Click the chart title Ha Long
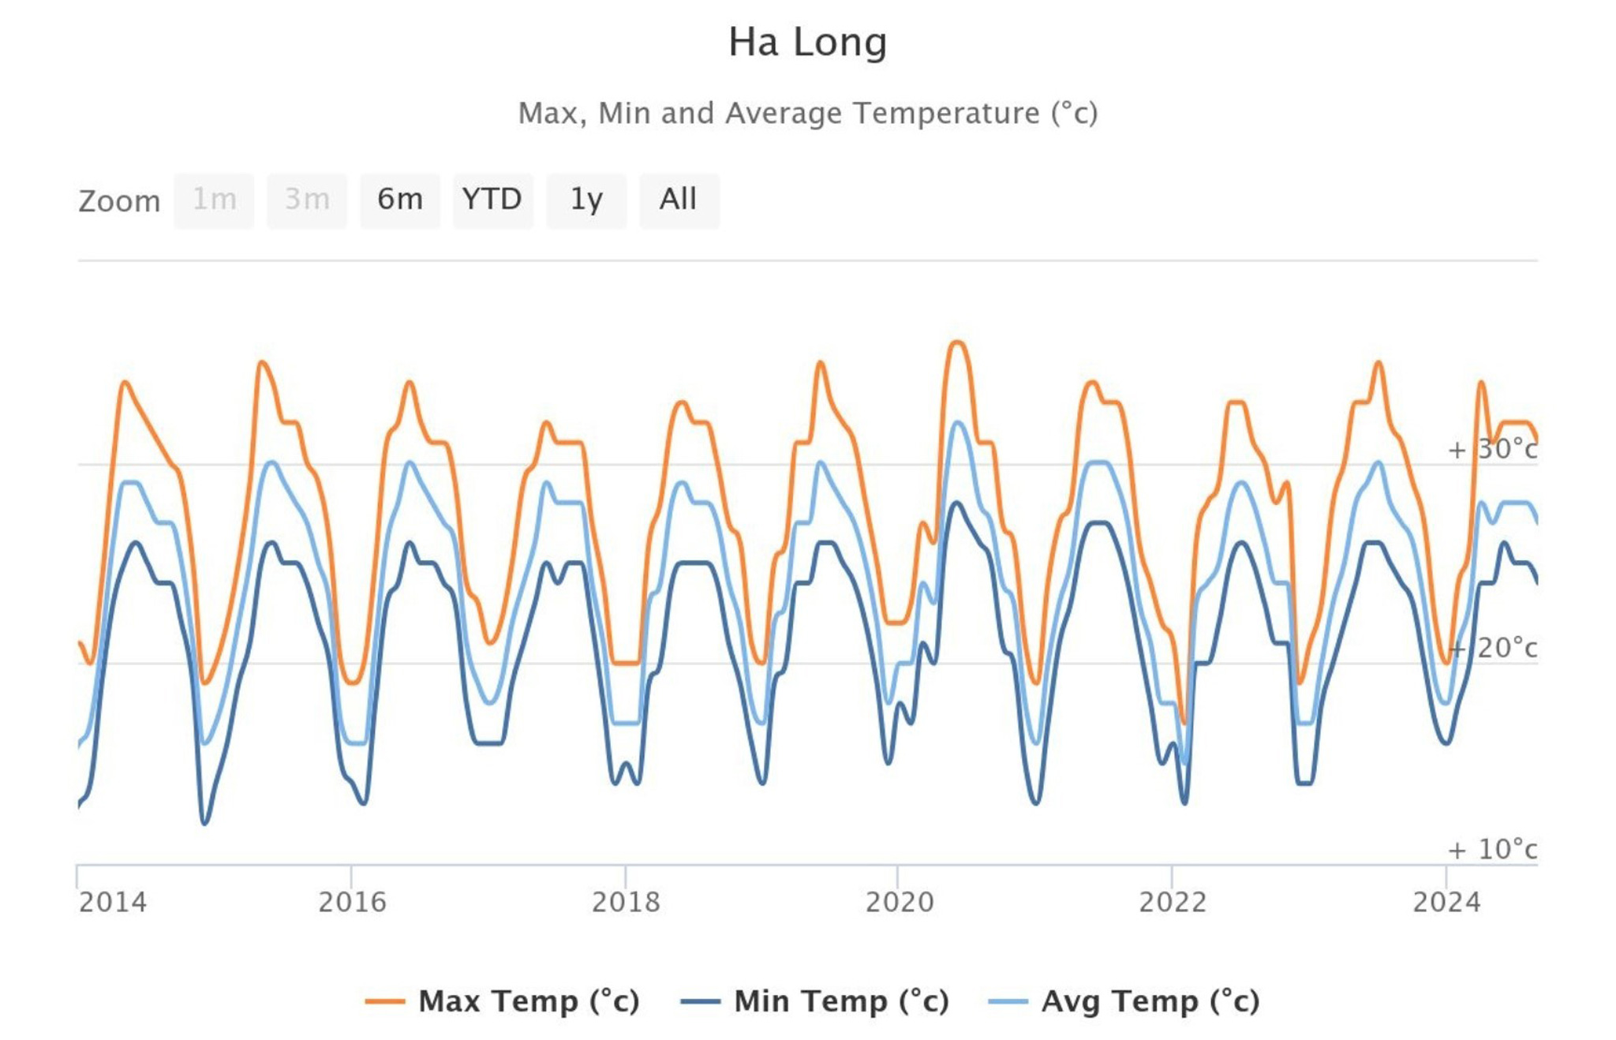(807, 42)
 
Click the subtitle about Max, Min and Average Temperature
(807, 113)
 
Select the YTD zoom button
(492, 200)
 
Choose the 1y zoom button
(586, 200)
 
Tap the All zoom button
(679, 200)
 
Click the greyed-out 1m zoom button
(214, 200)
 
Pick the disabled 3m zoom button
(307, 200)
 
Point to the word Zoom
(119, 201)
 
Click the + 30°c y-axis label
(1492, 449)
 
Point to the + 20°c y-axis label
(1492, 648)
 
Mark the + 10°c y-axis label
(1492, 849)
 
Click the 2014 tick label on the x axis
(113, 901)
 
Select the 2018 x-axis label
(626, 901)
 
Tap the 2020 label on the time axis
(900, 901)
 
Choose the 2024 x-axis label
(1446, 901)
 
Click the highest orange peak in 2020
(957, 342)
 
